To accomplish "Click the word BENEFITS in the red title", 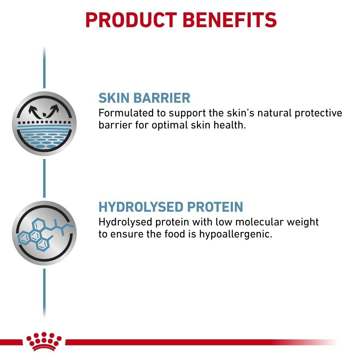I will tap(230, 20).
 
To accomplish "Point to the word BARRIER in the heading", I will tap(162, 98).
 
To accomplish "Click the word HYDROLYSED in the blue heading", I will tap(141, 207).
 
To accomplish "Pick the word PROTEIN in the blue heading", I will tap(215, 207).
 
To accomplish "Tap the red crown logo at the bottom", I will tap(44, 341).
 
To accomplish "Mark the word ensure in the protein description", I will tap(125, 234).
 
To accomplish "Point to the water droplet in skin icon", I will tap(45, 114).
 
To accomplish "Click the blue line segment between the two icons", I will tap(44, 178).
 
